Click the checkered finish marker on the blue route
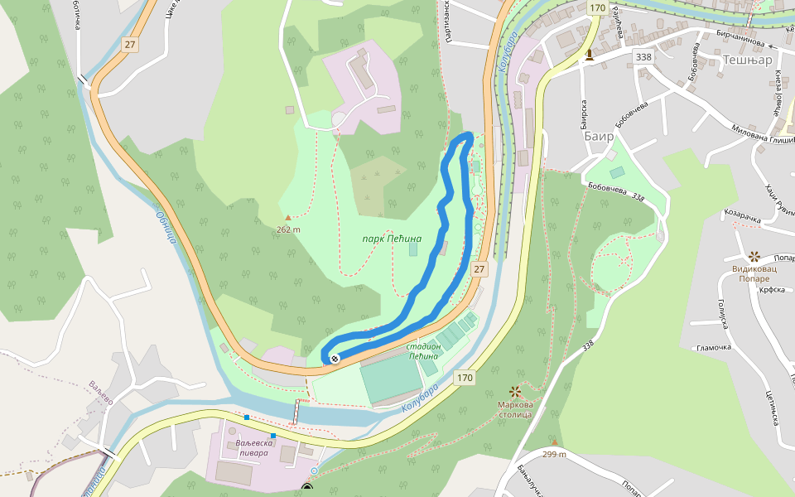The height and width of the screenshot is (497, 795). [x=335, y=359]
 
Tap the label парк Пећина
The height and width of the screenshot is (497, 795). [x=392, y=239]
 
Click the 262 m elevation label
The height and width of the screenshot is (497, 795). [x=289, y=229]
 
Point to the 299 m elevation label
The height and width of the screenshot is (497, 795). [x=554, y=454]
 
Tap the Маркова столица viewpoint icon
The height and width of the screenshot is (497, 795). [x=515, y=390]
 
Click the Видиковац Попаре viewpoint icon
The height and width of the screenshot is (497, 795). [x=754, y=257]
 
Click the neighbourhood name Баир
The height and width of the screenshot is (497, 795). [x=599, y=136]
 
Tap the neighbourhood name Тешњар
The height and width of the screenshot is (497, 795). [x=747, y=60]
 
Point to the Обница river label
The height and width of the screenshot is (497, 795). [x=166, y=226]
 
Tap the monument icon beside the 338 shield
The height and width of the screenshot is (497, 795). [x=589, y=55]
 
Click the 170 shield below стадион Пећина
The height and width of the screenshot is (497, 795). [x=465, y=378]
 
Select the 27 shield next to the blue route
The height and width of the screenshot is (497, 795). [x=479, y=269]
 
